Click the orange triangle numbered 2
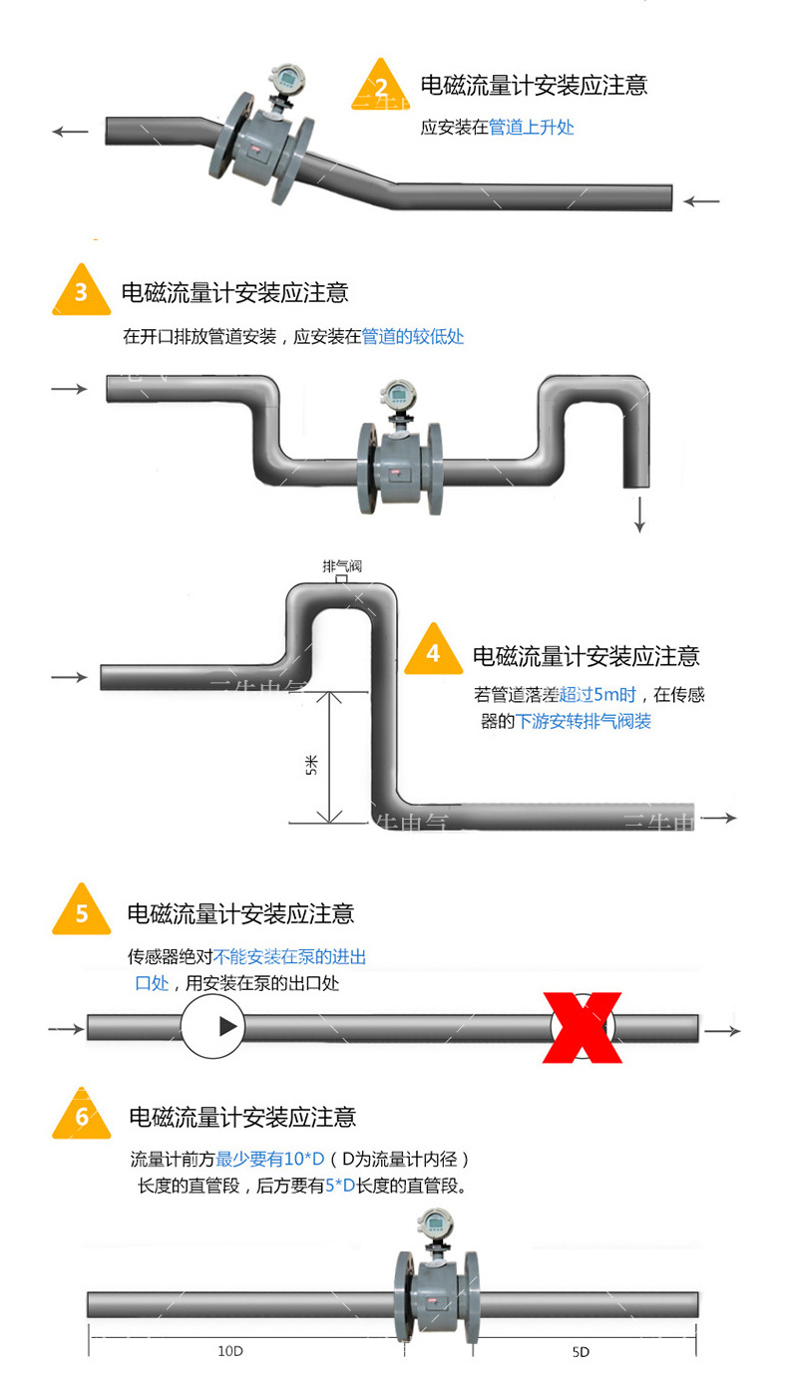click(x=380, y=84)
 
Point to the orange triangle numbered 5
click(x=82, y=911)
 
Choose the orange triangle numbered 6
click(x=82, y=1116)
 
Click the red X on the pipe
click(x=583, y=1027)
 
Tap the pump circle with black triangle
click(x=213, y=1026)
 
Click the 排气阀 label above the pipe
click(x=341, y=565)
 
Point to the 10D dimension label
click(x=229, y=1351)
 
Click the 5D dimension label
click(x=581, y=1351)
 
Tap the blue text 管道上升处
click(x=531, y=128)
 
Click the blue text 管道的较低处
click(x=412, y=337)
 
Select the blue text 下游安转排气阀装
click(x=583, y=721)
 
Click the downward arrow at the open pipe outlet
click(x=639, y=514)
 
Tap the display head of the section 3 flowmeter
click(x=397, y=396)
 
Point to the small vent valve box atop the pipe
click(x=341, y=578)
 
